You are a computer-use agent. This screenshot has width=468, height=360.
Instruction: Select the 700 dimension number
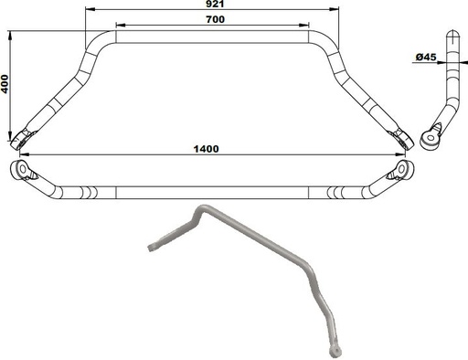[215, 19]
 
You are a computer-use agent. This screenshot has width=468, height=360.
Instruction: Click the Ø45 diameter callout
[424, 58]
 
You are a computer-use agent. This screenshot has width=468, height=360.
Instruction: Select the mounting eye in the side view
[430, 138]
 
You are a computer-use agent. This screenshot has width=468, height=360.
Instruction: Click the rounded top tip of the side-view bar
[450, 34]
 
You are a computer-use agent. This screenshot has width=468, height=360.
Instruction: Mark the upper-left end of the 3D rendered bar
[152, 247]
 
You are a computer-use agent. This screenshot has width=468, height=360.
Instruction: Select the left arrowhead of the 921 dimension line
[88, 11]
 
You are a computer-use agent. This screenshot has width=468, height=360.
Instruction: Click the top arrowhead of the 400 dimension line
[11, 35]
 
